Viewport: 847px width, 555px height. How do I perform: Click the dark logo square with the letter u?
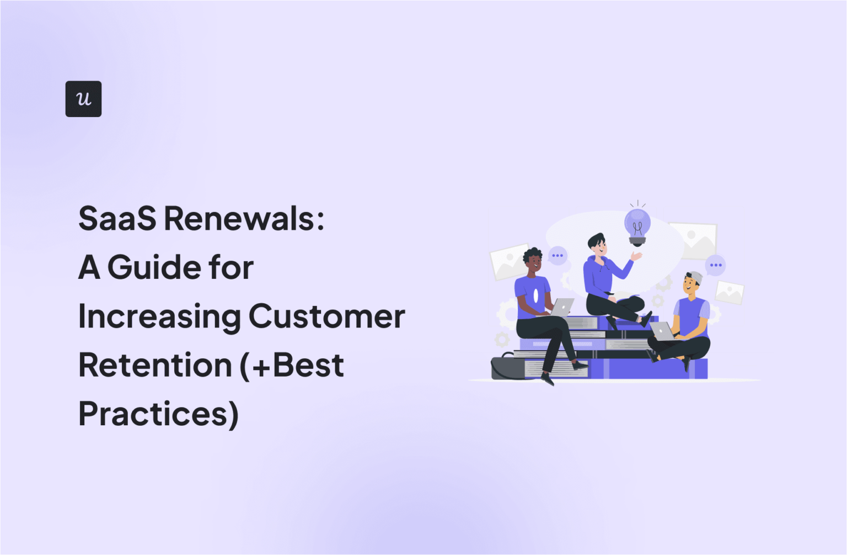point(83,99)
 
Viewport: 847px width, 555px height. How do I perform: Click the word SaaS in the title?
point(117,219)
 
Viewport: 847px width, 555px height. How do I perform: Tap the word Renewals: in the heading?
point(244,219)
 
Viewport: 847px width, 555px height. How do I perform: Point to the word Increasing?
point(159,317)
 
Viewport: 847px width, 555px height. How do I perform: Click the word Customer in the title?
point(326,316)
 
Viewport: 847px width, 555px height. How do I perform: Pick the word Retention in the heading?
point(155,365)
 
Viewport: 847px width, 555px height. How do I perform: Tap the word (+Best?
point(292,365)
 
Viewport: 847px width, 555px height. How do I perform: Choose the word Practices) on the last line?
point(158,414)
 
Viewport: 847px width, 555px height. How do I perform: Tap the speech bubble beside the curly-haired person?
point(557,256)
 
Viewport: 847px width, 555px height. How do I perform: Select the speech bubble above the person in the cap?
point(715,265)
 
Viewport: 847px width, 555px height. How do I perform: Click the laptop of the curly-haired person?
point(562,307)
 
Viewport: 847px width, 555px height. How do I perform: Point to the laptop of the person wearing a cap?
point(662,331)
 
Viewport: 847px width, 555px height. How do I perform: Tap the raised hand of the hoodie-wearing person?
point(636,256)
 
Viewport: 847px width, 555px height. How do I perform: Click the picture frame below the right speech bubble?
point(730,292)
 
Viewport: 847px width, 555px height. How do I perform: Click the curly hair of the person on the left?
point(532,255)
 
